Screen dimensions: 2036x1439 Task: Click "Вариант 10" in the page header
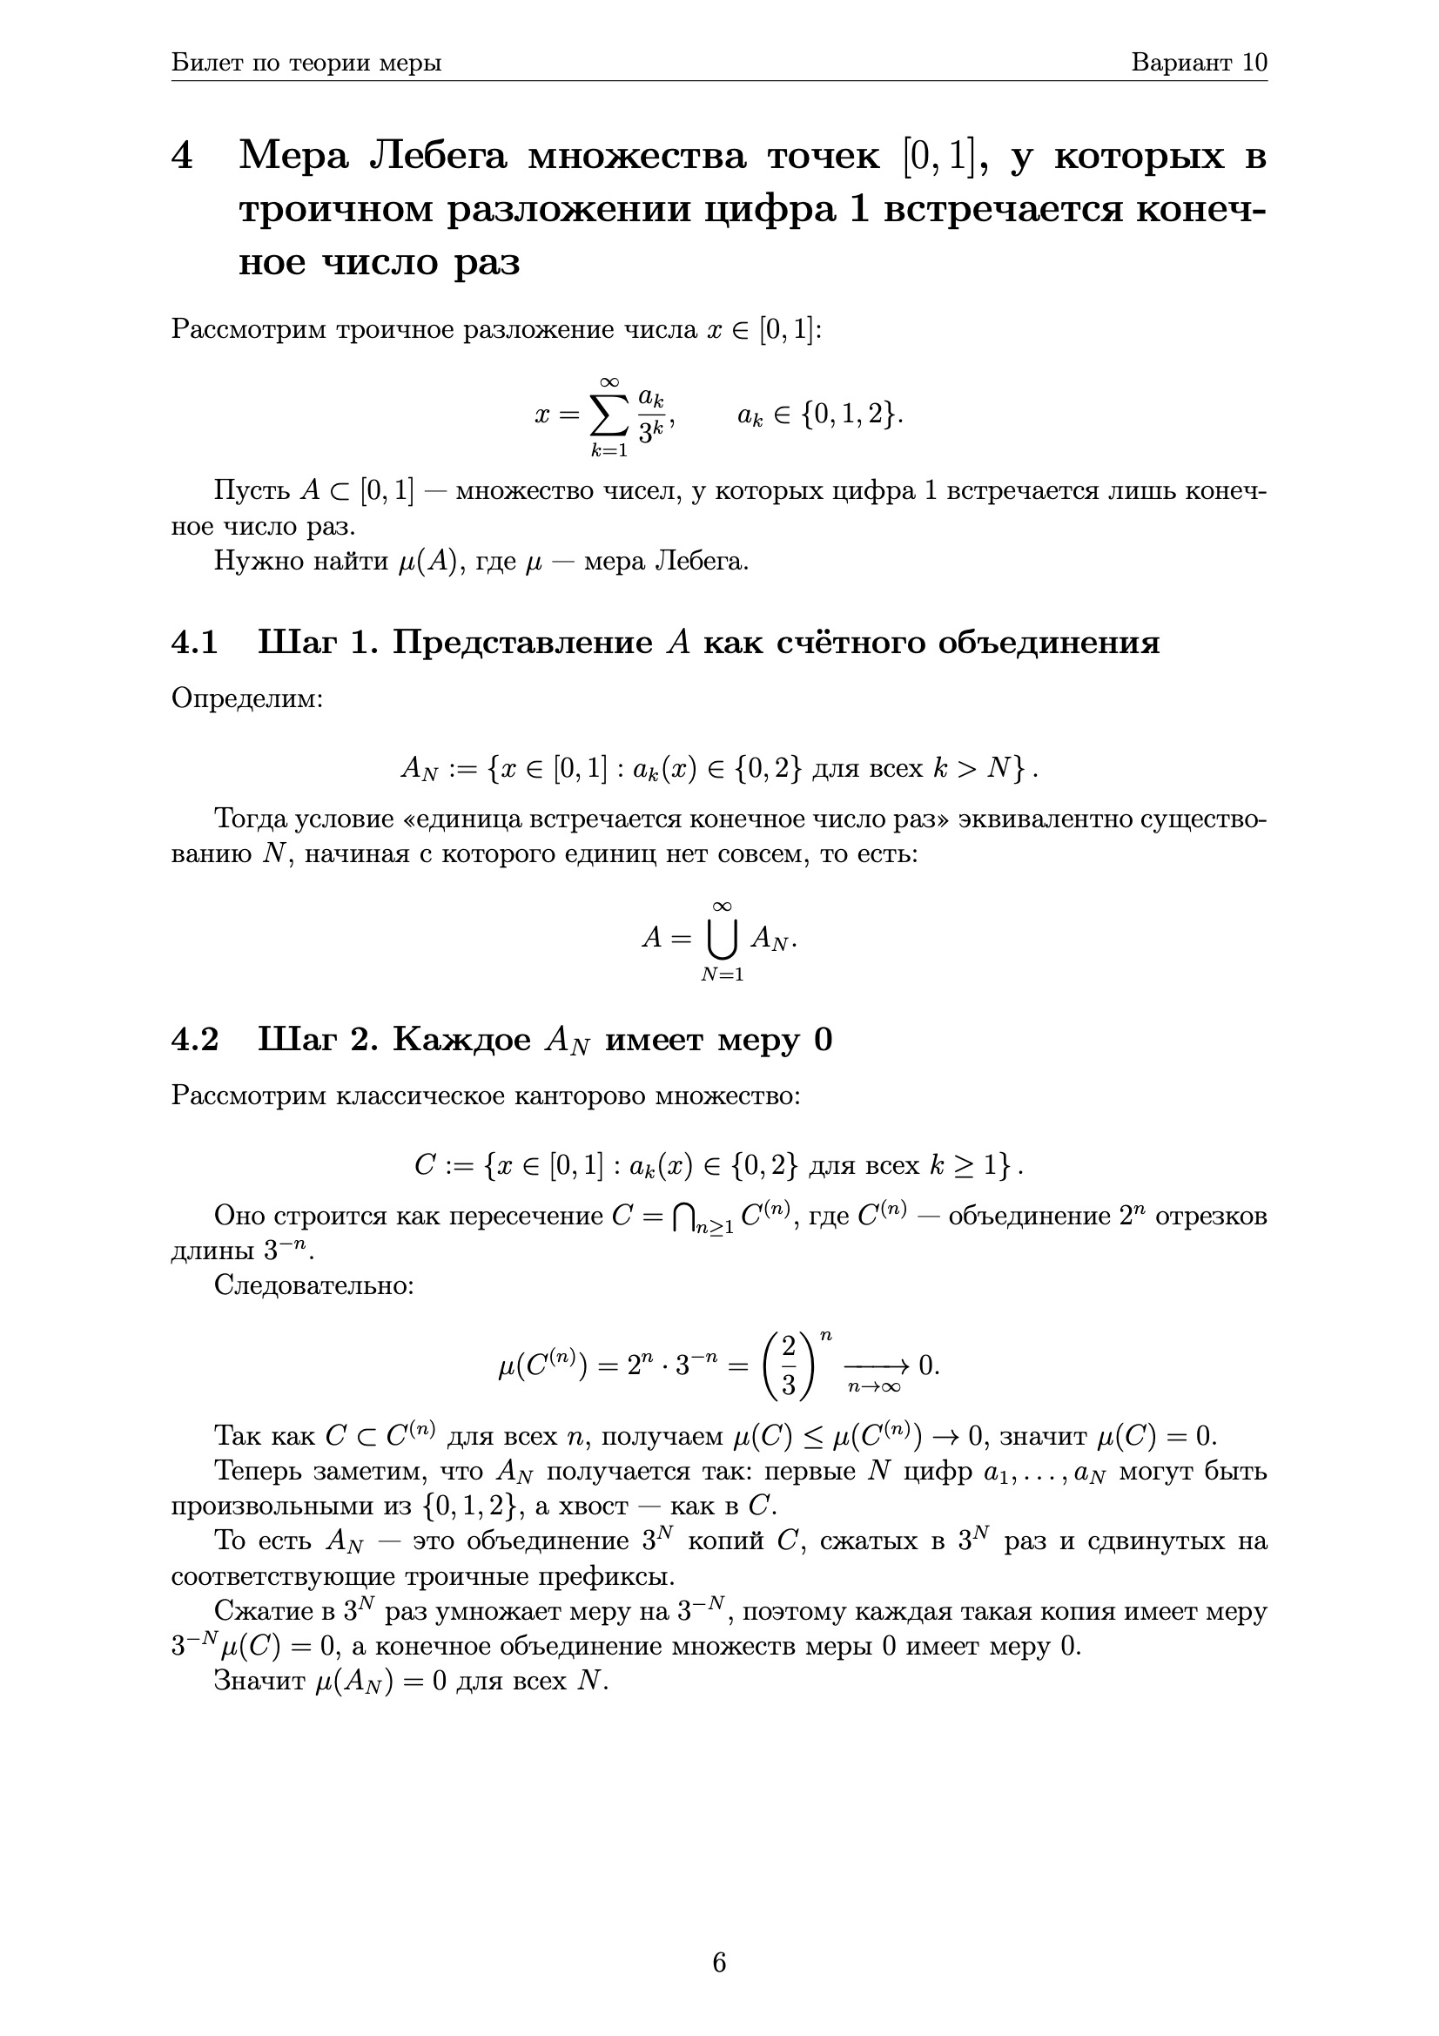pos(1199,63)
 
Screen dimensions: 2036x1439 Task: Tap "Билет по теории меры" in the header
pos(306,63)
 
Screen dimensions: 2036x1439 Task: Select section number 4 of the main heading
pos(182,157)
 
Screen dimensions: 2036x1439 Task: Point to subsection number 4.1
pos(194,642)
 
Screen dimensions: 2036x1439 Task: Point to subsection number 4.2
pos(194,1039)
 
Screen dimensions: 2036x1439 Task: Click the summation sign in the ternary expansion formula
pos(609,415)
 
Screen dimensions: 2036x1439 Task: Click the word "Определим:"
pos(247,698)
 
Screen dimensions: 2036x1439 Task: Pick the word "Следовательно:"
pos(314,1285)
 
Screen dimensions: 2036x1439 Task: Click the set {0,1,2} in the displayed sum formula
pos(850,415)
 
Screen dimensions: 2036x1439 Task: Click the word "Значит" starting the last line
pos(259,1682)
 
